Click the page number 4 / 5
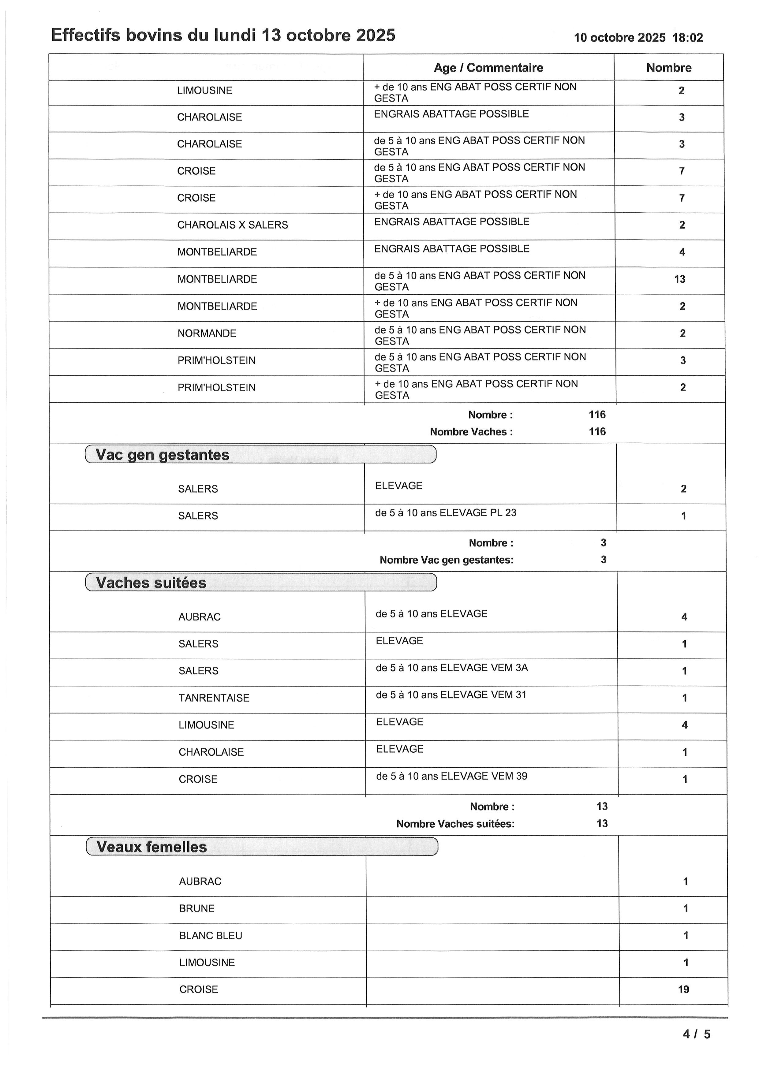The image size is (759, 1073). pyautogui.click(x=696, y=1034)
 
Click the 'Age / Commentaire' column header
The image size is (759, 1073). pyautogui.click(x=488, y=68)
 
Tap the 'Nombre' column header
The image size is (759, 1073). pyautogui.click(x=669, y=68)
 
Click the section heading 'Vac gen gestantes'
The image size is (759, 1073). pyautogui.click(x=162, y=455)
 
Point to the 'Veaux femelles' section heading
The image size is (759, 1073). pyautogui.click(x=151, y=847)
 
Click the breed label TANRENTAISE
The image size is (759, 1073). pyautogui.click(x=214, y=698)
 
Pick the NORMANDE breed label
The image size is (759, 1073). pyautogui.click(x=207, y=333)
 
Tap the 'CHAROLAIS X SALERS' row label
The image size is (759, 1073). pyautogui.click(x=233, y=225)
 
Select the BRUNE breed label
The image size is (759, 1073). pyautogui.click(x=197, y=908)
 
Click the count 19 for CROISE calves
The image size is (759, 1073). pyautogui.click(x=684, y=989)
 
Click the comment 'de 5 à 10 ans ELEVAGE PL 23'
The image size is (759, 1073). pyautogui.click(x=446, y=513)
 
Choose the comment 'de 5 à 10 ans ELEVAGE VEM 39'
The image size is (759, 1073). pyautogui.click(x=451, y=776)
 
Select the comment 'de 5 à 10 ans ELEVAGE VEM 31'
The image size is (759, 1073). pyautogui.click(x=451, y=695)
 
